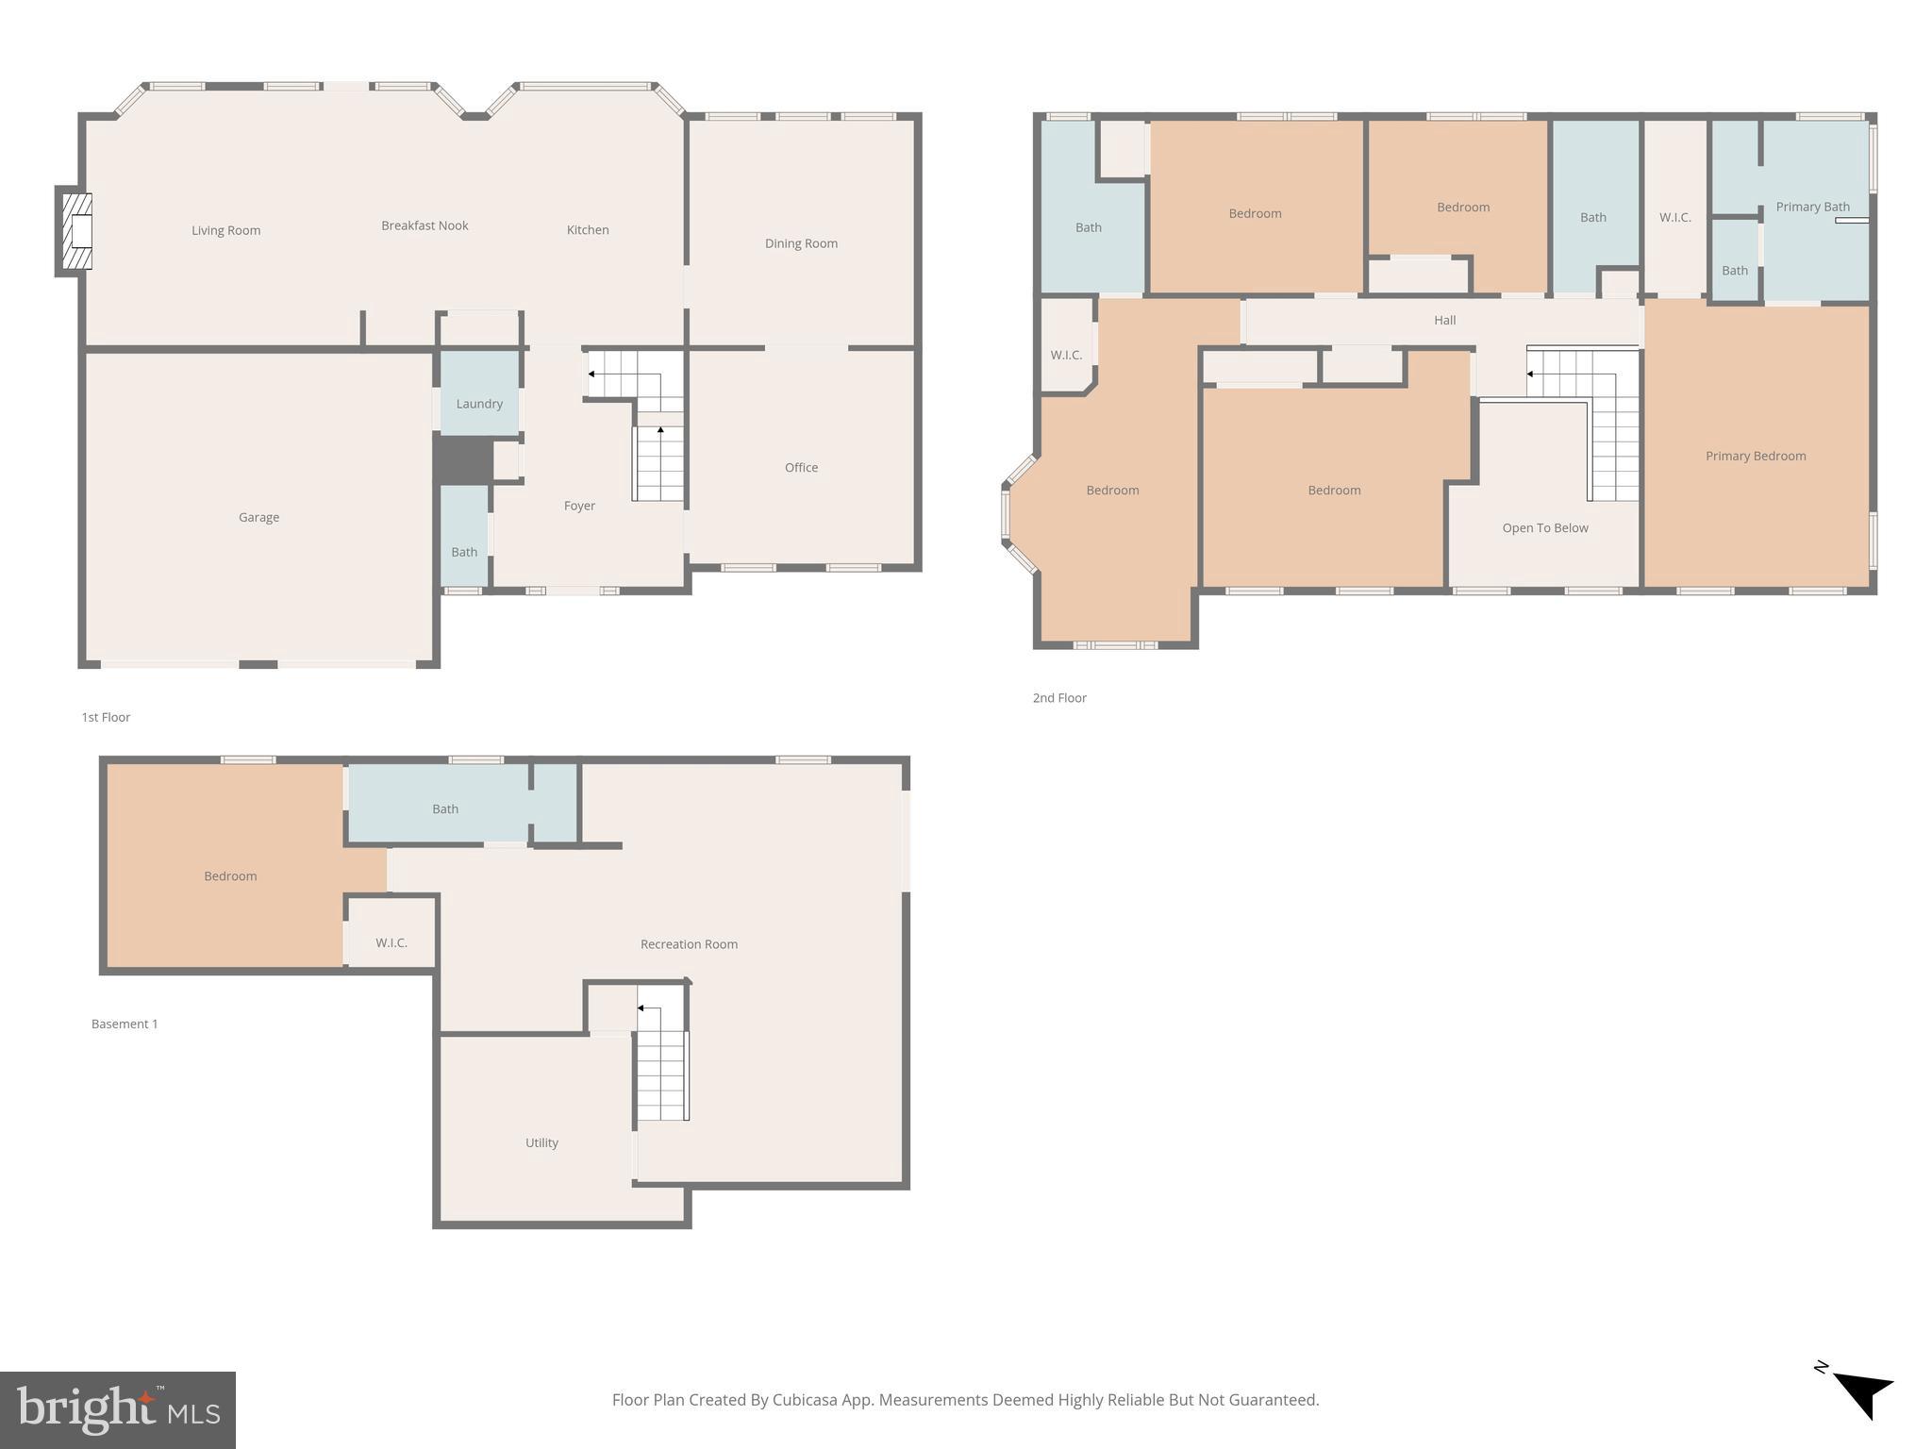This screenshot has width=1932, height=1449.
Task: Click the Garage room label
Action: pos(258,517)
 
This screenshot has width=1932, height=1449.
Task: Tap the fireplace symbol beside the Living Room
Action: pos(75,231)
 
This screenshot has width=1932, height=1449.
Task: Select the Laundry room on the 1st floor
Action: pos(479,404)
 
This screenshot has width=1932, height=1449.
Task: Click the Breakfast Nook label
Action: pos(425,225)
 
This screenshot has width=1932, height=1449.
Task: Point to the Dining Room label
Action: pos(801,243)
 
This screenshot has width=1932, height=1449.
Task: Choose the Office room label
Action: pos(801,468)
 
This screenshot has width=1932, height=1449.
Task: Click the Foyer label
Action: pos(579,506)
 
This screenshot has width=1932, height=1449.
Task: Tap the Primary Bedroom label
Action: pos(1756,456)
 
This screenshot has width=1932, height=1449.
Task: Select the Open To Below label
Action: pos(1545,528)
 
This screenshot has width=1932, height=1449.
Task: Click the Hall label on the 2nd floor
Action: pos(1444,321)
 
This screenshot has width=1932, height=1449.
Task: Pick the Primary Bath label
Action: pos(1812,207)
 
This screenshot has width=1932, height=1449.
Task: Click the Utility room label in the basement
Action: pos(541,1142)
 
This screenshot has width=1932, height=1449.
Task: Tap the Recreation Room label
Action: pos(689,944)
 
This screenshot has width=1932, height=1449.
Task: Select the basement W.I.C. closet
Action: pos(391,942)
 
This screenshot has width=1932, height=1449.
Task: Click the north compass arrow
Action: pos(1862,1395)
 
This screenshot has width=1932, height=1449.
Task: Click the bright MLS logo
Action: pos(118,1409)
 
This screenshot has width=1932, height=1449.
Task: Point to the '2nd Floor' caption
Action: pos(1059,698)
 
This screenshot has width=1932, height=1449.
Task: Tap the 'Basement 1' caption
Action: pos(125,1024)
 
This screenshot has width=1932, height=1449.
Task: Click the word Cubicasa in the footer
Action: pos(806,1400)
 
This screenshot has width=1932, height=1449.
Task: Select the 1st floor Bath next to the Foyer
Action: pos(464,552)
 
